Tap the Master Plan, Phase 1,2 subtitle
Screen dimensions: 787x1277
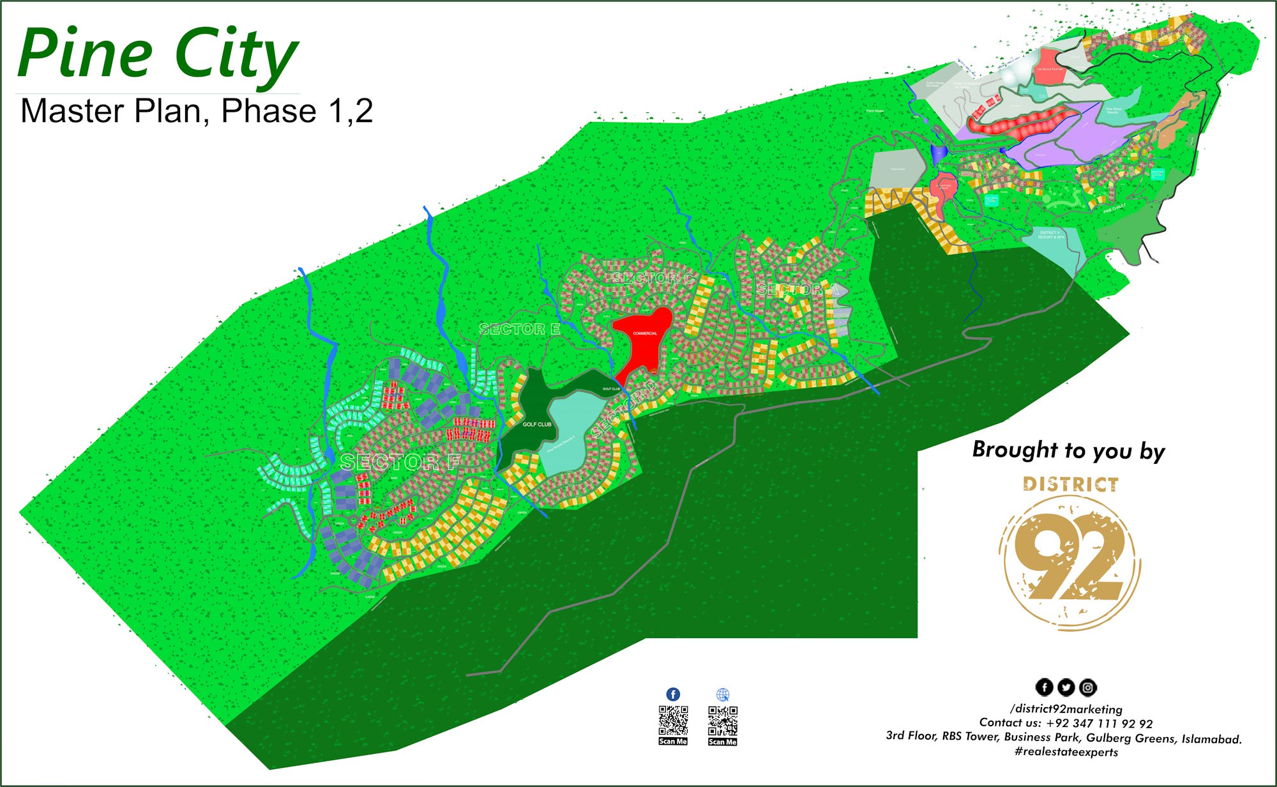pos(196,111)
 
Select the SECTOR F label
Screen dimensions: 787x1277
pos(400,462)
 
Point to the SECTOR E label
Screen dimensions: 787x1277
pos(520,329)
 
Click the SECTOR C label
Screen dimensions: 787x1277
pos(653,278)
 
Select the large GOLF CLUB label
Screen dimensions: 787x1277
pos(537,424)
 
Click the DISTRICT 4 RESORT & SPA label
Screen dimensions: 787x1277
pos(1050,235)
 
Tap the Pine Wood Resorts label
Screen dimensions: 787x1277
pos(1113,111)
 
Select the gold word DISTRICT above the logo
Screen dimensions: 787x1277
pos(1070,484)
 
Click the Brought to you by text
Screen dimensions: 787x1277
pos(1068,450)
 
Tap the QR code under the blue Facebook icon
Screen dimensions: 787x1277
pos(673,721)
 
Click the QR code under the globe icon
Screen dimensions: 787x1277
pos(722,721)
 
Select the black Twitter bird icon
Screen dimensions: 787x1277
pos(1066,687)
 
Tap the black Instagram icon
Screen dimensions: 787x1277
pos(1088,687)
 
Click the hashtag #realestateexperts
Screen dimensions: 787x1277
pos(1066,752)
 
